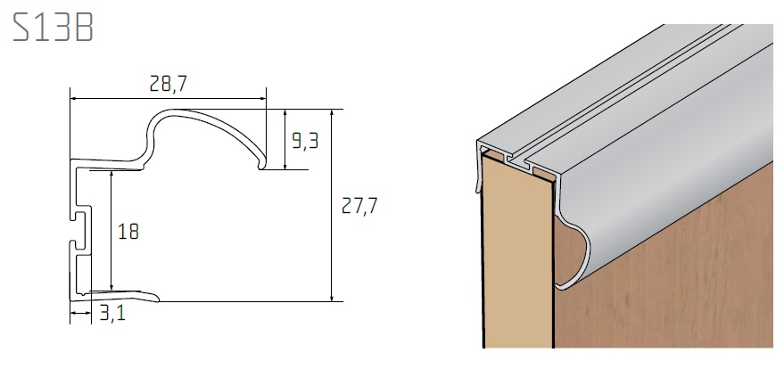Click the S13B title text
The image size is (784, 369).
[x=53, y=27]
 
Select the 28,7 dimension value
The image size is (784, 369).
[x=168, y=84]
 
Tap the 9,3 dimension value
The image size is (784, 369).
[x=305, y=142]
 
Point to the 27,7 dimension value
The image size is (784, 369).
[x=359, y=205]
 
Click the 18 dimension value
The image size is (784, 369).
[x=128, y=232]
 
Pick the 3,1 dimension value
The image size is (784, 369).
[x=112, y=314]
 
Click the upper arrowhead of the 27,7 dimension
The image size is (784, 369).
[x=332, y=113]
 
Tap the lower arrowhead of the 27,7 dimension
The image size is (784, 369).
[x=332, y=297]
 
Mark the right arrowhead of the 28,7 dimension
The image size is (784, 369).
[x=261, y=99]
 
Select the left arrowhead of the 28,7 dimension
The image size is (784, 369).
[x=75, y=99]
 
